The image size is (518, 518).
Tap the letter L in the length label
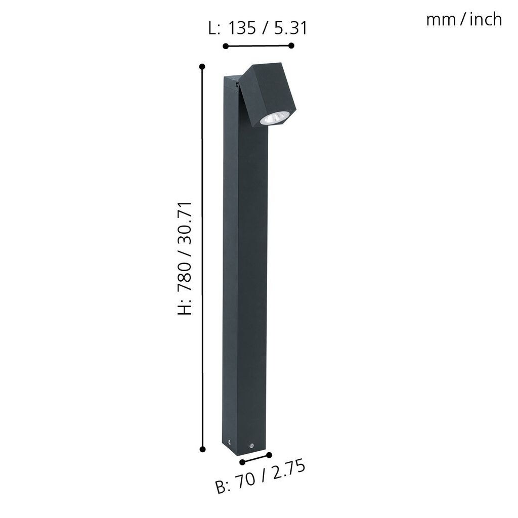[x=213, y=28]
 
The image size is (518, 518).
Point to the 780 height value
[x=185, y=274]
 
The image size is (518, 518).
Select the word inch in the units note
[x=486, y=20]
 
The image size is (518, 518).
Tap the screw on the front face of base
[x=250, y=445]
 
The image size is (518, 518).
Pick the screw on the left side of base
[x=229, y=441]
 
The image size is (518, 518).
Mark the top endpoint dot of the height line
[x=202, y=66]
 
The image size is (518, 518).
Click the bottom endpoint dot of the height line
[x=202, y=449]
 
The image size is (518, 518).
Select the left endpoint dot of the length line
[x=226, y=47]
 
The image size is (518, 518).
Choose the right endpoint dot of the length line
[x=291, y=46]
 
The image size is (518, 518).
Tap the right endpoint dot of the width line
[x=269, y=455]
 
